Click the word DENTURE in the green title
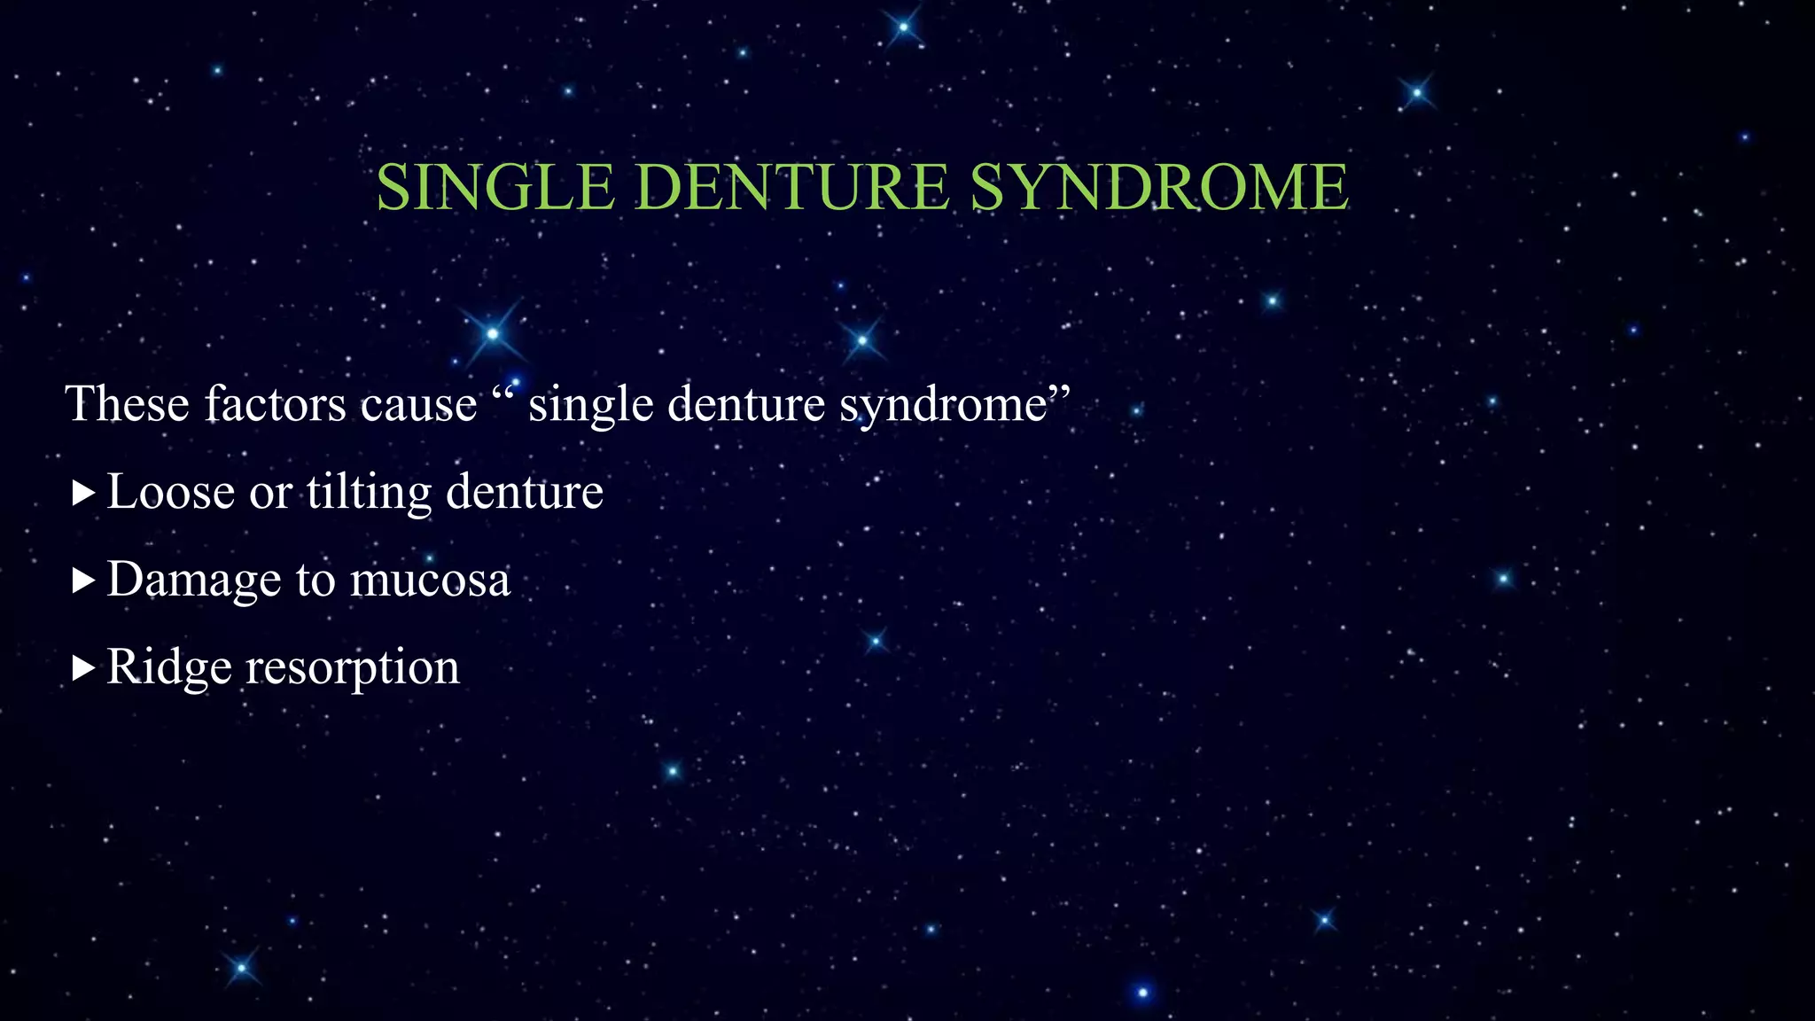coord(792,188)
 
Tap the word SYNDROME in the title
coord(1159,188)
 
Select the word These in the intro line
coord(127,404)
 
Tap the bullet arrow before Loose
coord(82,494)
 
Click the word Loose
coord(170,492)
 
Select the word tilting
coord(369,492)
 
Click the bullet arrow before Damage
coord(82,581)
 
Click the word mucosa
coord(430,581)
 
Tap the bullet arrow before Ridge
coord(82,668)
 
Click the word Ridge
coord(168,667)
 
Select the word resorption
coord(353,669)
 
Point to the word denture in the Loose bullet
coord(524,492)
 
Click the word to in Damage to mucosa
coord(315,581)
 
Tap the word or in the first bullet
coord(269,494)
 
